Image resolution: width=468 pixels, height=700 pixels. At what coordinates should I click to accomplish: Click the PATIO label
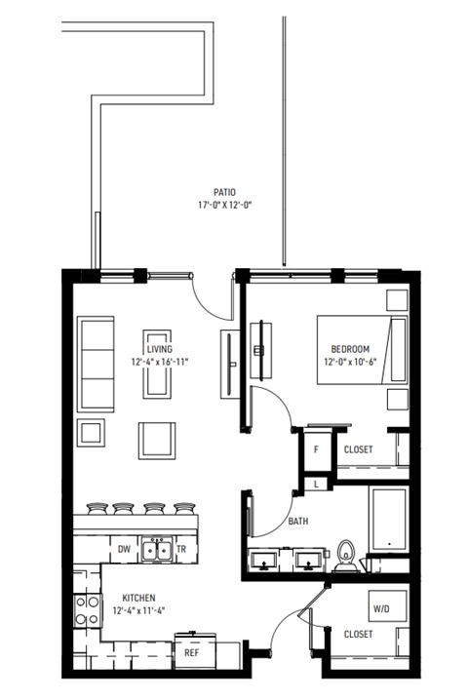[225, 193]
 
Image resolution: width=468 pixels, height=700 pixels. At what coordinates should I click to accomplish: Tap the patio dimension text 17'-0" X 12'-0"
[225, 206]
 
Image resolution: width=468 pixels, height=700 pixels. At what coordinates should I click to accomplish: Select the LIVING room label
[160, 349]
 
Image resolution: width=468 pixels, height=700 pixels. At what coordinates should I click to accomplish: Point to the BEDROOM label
[350, 349]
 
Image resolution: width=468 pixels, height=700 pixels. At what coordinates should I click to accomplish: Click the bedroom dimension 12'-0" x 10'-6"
[350, 362]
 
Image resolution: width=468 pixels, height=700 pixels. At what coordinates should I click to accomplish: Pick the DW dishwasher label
[124, 550]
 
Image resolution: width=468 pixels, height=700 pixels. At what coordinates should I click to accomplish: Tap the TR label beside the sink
[180, 550]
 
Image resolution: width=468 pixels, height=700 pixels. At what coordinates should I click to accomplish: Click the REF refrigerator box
[192, 653]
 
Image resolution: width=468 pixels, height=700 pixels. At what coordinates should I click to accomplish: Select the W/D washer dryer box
[381, 610]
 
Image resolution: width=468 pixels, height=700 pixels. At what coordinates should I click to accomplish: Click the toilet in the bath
[346, 554]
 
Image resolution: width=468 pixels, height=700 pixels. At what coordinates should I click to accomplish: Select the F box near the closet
[317, 449]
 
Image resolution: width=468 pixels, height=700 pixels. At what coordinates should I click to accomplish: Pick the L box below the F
[317, 481]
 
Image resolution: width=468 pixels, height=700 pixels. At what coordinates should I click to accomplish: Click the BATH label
[299, 523]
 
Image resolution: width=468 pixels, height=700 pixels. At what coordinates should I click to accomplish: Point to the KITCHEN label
[139, 598]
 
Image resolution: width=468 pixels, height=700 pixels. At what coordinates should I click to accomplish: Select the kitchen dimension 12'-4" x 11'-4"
[139, 611]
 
